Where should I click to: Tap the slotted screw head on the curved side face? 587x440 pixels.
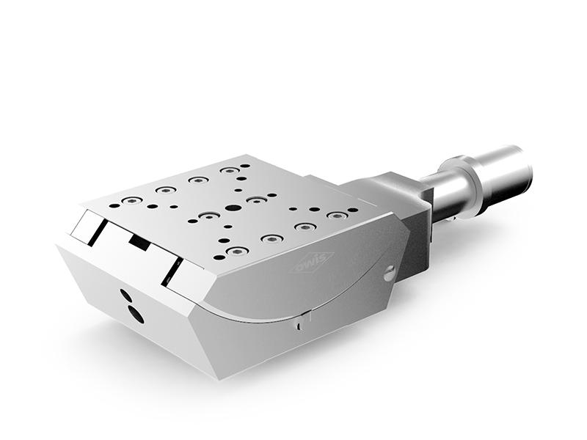tap(390, 274)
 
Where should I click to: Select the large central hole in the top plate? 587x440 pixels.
tap(233, 208)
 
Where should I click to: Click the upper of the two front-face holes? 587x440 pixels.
tap(126, 296)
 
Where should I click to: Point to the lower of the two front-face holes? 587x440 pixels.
tap(136, 315)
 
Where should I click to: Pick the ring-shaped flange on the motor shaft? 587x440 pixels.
tap(460, 187)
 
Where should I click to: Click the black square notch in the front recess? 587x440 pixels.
tap(139, 242)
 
